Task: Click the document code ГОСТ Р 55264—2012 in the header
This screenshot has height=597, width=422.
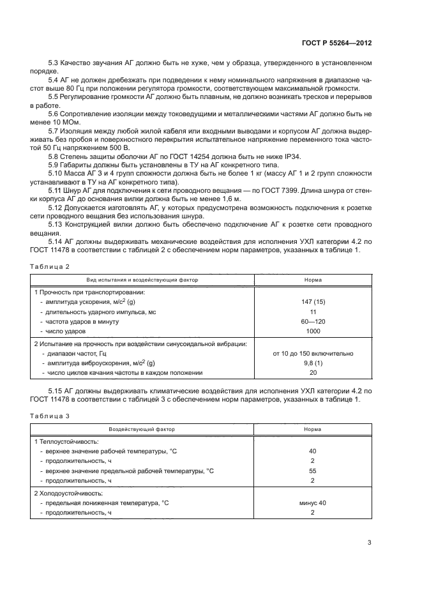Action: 337,43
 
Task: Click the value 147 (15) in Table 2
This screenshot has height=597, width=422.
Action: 313,301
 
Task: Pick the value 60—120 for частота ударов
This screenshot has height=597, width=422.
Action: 313,322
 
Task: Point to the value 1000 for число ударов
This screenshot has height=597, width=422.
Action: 313,332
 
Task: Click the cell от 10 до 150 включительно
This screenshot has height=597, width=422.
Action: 313,353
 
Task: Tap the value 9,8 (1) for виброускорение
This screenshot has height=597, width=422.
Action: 313,363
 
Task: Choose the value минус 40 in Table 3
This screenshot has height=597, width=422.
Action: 313,503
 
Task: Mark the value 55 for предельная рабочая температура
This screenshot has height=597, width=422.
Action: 313,471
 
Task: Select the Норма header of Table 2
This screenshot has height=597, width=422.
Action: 313,280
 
